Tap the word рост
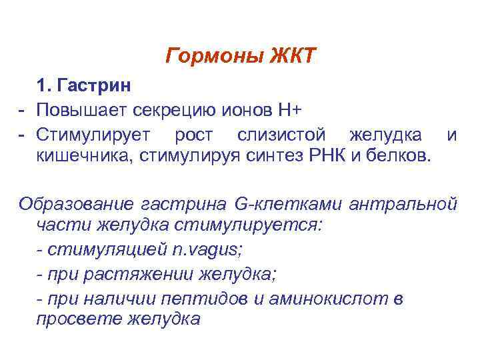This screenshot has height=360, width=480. tap(193, 135)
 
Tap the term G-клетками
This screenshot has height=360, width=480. tap(279, 202)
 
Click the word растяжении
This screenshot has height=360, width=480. tap(137, 274)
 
